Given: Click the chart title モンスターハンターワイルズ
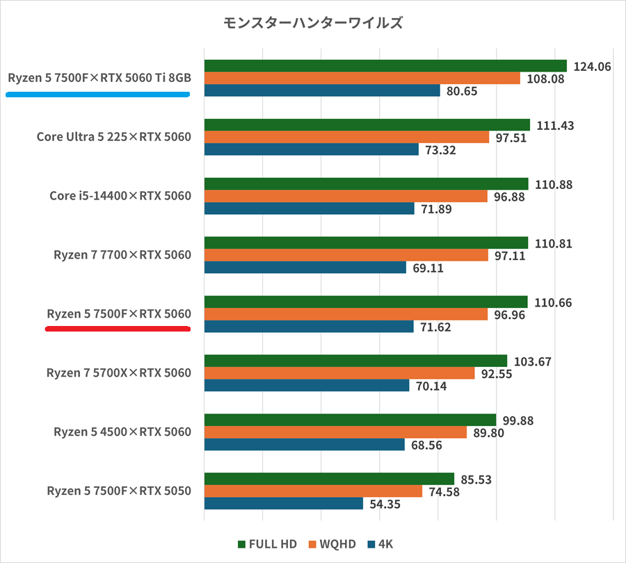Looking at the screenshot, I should point(312,23).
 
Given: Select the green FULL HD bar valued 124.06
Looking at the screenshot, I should point(385,65).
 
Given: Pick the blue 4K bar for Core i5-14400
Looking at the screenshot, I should point(309,209).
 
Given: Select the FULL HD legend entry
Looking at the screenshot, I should point(268,544).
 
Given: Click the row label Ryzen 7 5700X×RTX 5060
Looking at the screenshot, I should point(118,373).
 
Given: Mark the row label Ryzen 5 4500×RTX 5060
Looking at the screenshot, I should point(122,432).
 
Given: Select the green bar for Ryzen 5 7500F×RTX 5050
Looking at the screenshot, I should point(328,479).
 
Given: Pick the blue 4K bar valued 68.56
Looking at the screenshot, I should point(304,445).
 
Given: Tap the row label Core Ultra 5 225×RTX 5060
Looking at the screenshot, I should point(113,137).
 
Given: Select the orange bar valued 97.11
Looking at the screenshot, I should point(346,256).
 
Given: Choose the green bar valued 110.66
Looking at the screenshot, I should point(365,302).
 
